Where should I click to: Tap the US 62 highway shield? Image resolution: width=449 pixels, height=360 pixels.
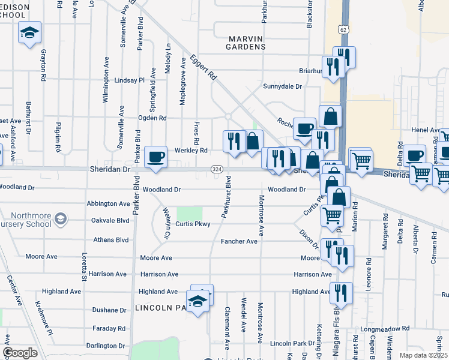pos(342,28)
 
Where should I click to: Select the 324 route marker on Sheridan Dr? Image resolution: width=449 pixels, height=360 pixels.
pos(217,170)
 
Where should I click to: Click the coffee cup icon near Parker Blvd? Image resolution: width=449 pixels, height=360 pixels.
pos(156,157)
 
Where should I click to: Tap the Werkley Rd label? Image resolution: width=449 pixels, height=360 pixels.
pos(191,150)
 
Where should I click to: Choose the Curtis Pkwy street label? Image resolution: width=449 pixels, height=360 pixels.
pos(193,224)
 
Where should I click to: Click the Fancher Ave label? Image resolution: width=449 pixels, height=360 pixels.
pos(239,241)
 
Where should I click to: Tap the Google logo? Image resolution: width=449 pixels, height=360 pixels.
pos(20,352)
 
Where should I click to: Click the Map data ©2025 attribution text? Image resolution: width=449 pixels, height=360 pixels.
pos(424,355)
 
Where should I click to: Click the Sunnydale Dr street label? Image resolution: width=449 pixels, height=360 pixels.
pos(282,86)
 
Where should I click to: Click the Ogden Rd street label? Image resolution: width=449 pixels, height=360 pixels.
pos(152,118)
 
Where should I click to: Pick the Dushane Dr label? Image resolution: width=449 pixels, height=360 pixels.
pos(109,310)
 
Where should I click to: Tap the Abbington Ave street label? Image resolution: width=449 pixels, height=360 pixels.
pos(108,203)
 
